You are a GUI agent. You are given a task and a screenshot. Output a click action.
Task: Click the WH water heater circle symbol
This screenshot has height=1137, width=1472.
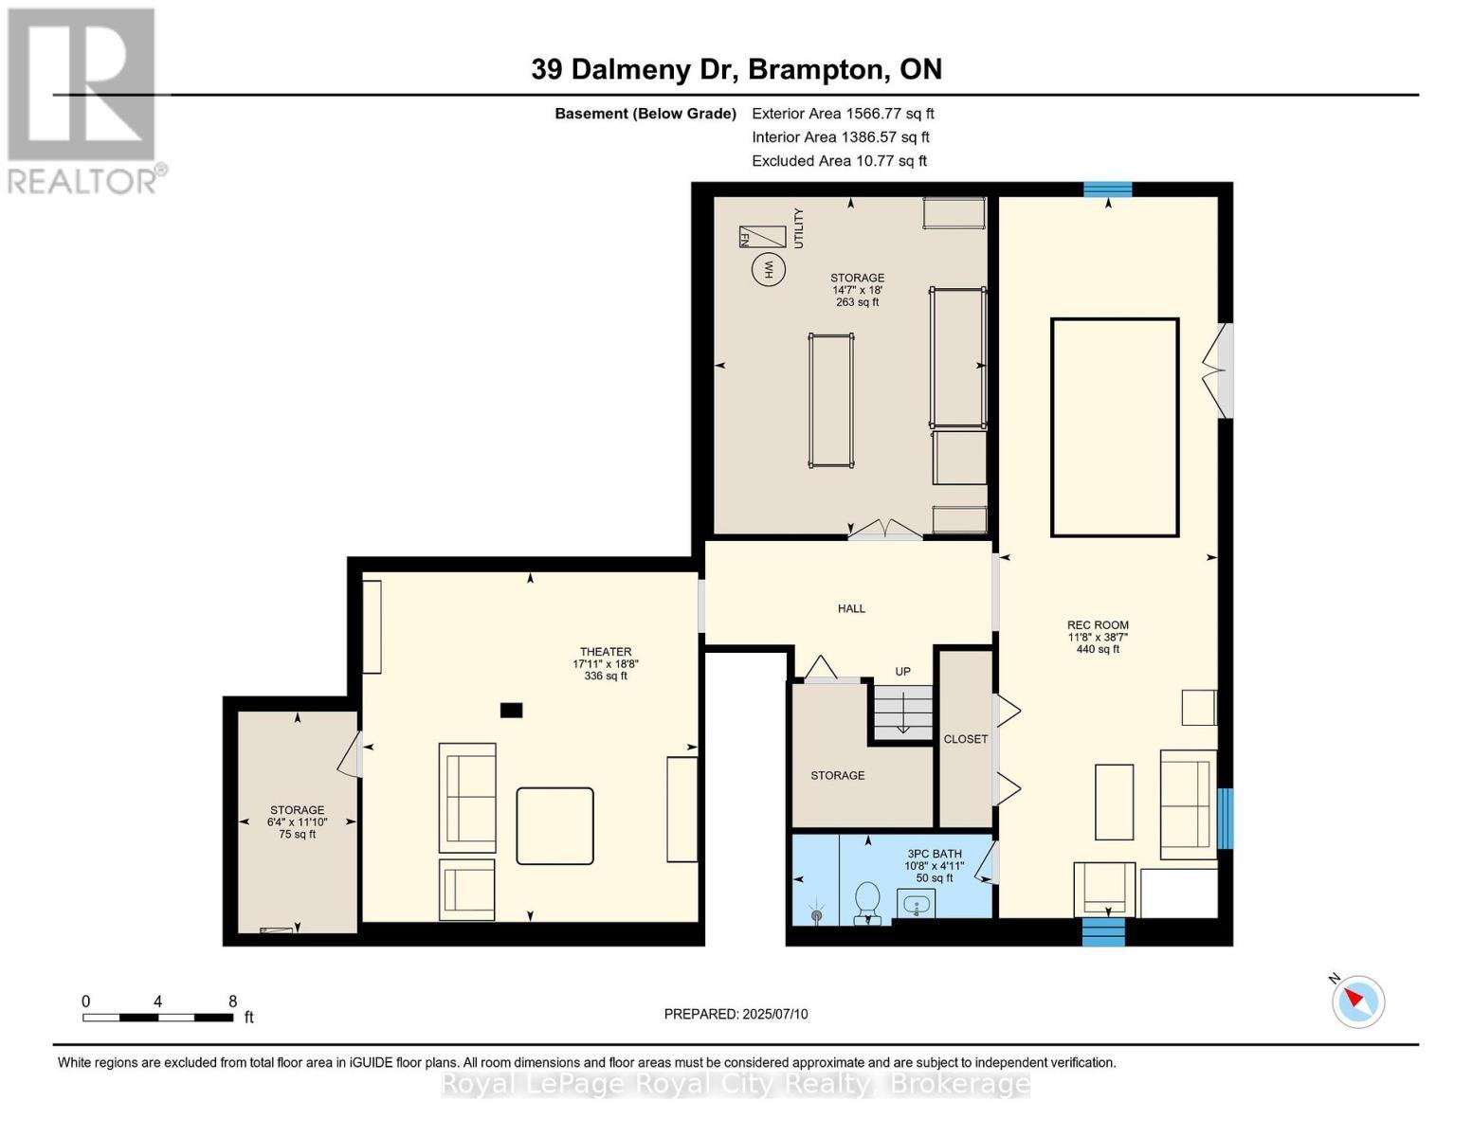coord(769,269)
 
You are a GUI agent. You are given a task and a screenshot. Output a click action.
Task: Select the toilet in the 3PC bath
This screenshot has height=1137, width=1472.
coord(867,901)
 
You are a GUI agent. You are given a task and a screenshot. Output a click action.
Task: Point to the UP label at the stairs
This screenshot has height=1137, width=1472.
coord(902,672)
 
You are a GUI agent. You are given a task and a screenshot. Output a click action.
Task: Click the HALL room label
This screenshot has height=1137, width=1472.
coord(851,608)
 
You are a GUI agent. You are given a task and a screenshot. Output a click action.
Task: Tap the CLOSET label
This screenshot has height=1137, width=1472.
coord(965,739)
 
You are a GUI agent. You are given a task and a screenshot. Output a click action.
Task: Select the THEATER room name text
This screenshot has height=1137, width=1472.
coord(606,652)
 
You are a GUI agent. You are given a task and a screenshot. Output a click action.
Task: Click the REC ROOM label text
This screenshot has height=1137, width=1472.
coord(1098,625)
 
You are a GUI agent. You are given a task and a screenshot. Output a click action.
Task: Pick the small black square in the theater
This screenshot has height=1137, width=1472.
coord(511,710)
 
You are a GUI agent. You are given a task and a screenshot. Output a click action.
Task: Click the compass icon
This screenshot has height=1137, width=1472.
coord(1358,1001)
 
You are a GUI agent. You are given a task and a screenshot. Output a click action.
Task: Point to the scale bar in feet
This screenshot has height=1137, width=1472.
coord(158,1018)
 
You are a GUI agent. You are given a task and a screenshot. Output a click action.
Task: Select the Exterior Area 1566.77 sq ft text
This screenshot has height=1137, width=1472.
coord(843,113)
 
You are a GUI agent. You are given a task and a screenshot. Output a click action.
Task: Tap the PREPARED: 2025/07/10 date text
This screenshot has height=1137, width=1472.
coord(736,1014)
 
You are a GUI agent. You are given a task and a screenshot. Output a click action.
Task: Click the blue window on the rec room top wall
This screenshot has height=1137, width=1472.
coord(1108,189)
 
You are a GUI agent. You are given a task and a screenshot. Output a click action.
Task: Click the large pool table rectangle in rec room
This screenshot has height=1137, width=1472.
coord(1115,427)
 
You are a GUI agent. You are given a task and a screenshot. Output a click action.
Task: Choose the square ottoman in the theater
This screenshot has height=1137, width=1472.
coord(554,825)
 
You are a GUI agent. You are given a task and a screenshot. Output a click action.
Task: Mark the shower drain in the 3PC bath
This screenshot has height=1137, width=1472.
coord(816,915)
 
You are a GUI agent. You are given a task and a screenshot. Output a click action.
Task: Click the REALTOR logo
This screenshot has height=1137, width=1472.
coord(82,99)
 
